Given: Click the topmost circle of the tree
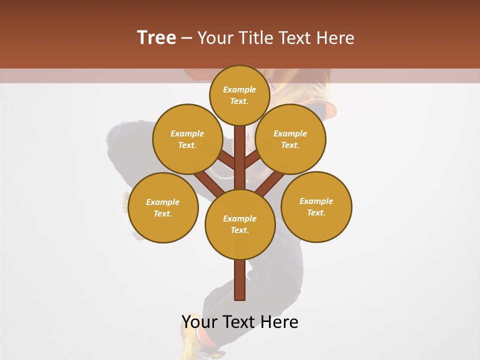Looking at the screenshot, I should (239, 95).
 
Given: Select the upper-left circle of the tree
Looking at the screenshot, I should (187, 139).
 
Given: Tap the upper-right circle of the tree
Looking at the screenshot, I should (290, 139).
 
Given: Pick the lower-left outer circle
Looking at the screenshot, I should (163, 207).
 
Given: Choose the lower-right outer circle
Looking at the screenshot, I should (316, 206).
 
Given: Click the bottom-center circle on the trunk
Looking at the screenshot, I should (240, 224).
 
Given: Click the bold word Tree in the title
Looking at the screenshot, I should (156, 37).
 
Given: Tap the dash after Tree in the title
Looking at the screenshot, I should (187, 38).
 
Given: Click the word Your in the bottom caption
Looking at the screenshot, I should (199, 322).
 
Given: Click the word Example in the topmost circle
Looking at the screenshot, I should (239, 89).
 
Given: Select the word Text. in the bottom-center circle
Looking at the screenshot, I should (239, 230).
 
